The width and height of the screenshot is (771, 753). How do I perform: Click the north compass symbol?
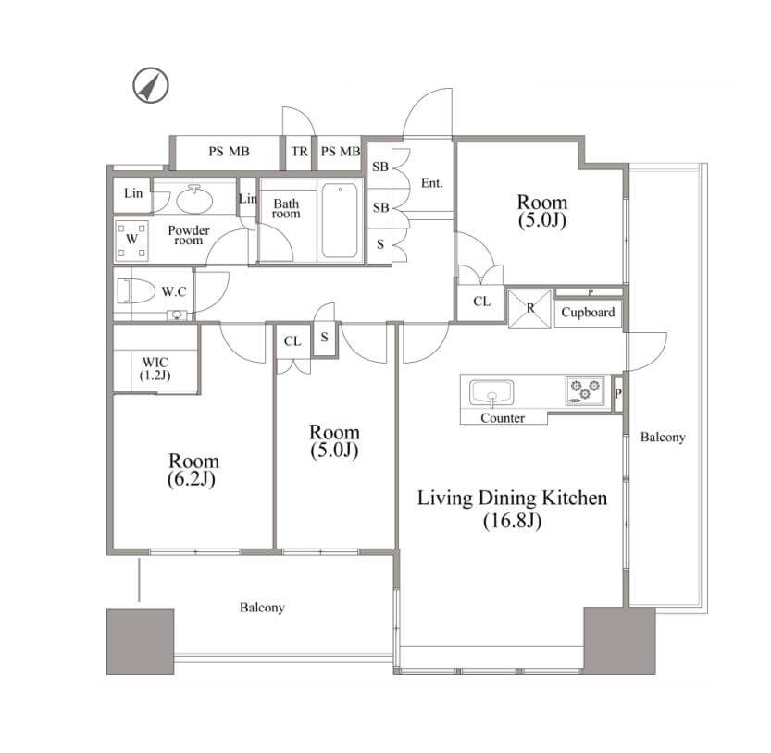tap(151, 85)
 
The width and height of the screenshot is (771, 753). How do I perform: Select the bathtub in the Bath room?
tap(340, 220)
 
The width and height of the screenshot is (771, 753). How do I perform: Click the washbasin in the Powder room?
tap(194, 200)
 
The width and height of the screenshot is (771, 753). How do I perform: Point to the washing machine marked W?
tap(131, 240)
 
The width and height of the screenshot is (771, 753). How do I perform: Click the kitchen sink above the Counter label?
tap(491, 393)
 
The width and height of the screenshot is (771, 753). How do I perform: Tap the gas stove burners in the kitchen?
tap(585, 390)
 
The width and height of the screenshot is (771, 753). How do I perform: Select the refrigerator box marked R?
tap(529, 309)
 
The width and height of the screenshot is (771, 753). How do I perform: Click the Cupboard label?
tap(588, 312)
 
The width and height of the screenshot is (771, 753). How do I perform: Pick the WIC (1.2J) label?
tap(155, 368)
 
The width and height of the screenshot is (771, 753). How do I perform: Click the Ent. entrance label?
tap(431, 183)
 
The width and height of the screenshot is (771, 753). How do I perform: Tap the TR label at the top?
tap(300, 152)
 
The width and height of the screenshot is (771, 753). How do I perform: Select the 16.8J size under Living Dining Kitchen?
tap(513, 521)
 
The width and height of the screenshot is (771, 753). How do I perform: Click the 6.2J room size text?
tap(192, 479)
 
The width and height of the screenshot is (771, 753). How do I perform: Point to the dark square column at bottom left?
tap(140, 641)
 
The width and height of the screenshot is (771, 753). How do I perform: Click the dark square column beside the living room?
tap(619, 640)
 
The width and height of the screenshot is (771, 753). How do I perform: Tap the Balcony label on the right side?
tap(663, 437)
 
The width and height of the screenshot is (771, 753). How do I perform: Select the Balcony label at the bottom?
tap(262, 608)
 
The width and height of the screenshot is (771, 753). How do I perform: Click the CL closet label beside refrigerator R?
tap(482, 302)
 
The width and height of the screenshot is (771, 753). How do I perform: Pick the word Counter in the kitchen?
tap(503, 418)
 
